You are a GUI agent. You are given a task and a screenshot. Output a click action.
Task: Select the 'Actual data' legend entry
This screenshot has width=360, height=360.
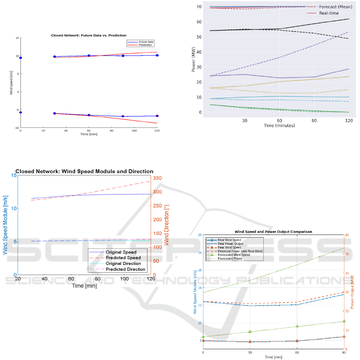click(146, 42)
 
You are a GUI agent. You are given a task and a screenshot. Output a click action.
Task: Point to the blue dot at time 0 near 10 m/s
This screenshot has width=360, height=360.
click(20, 58)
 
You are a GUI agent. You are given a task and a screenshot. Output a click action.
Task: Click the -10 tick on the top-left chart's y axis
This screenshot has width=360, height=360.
click(16, 128)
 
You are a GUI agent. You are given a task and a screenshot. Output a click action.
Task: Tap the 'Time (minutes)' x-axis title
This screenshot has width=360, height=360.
click(279, 125)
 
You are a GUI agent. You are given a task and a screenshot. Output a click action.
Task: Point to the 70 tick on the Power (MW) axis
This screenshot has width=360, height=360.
click(199, 7)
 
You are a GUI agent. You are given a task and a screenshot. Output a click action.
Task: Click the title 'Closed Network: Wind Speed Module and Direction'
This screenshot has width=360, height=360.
click(84, 171)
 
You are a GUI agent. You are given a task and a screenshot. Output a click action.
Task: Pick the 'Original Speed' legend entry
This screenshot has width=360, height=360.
click(121, 252)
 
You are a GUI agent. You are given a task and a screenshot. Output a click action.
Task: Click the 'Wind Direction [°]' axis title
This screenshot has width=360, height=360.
click(167, 225)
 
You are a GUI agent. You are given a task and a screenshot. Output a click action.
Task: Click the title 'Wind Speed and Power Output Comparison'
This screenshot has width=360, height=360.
click(273, 232)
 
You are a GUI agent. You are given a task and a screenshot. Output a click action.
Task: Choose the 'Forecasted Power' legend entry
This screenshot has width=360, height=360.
click(231, 259)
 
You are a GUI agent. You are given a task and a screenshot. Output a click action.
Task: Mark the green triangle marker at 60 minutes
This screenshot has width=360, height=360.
click(297, 326)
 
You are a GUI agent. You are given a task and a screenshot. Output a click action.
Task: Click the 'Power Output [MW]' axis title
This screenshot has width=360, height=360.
click(352, 292)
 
